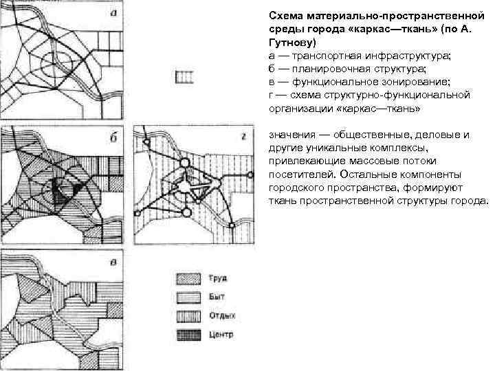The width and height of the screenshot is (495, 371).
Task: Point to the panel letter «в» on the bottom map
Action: coord(113,262)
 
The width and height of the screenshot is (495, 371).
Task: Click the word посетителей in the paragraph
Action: coord(297,175)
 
